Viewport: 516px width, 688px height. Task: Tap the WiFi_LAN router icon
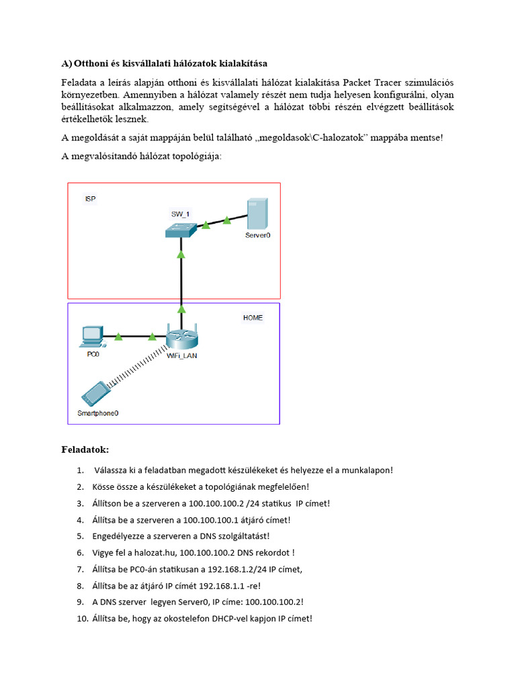coord(181,337)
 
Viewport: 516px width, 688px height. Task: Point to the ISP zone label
coord(90,200)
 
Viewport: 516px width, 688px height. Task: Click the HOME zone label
coord(253,318)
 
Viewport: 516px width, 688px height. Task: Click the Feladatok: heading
coord(85,448)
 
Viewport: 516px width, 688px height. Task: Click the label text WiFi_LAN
coord(181,356)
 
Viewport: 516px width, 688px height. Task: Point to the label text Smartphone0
coord(98,413)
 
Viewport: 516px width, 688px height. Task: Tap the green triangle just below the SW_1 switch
coord(181,255)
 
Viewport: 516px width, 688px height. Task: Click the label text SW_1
coord(180,214)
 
